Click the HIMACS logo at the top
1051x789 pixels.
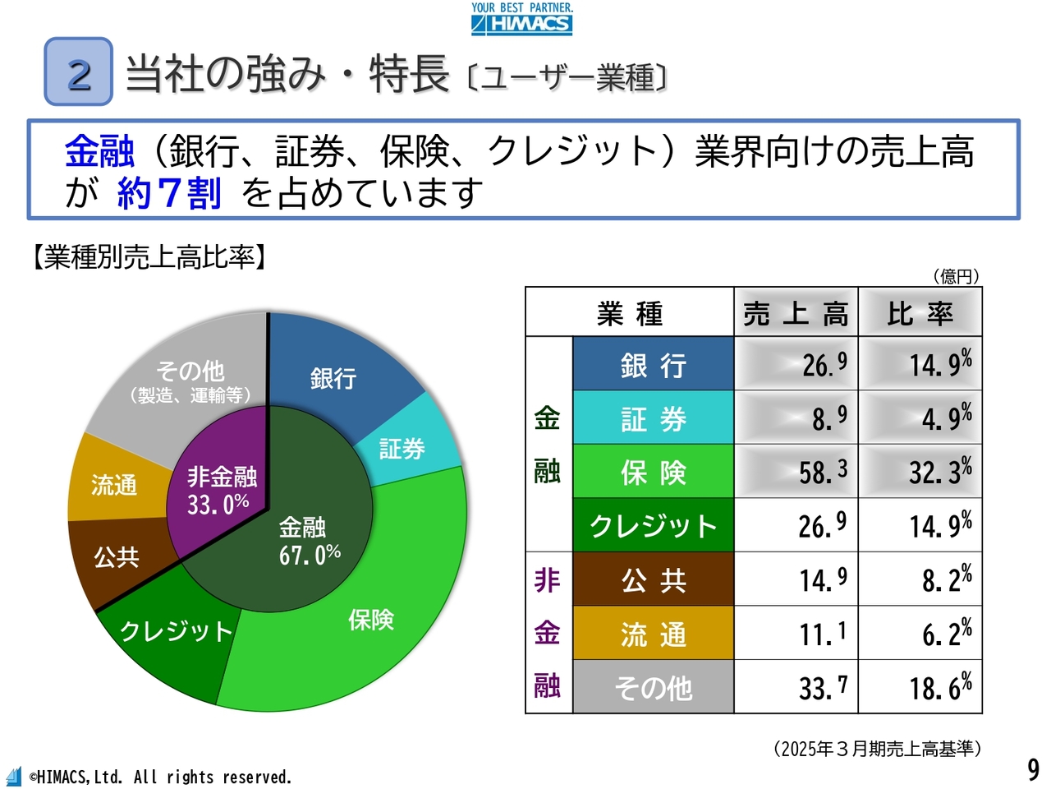click(521, 19)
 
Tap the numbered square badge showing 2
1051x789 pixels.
click(78, 72)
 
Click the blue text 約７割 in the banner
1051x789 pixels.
click(169, 193)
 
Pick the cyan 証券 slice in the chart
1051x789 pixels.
click(406, 444)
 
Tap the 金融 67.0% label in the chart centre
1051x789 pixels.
click(309, 542)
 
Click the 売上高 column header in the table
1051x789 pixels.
click(795, 313)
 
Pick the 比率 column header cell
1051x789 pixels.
click(920, 313)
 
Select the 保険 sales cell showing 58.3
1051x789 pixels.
click(796, 472)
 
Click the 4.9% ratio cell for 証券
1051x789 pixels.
click(920, 418)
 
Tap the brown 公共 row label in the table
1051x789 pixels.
click(653, 580)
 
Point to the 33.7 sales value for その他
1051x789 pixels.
click(796, 687)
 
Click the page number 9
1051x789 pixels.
click(1033, 769)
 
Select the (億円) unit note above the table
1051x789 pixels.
click(956, 276)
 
